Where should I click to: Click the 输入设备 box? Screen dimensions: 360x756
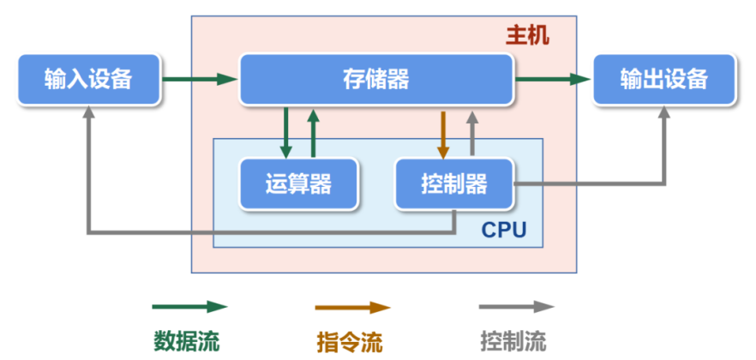click(x=89, y=80)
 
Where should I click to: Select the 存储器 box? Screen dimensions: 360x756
click(x=375, y=80)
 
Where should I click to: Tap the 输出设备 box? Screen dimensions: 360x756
click(x=664, y=80)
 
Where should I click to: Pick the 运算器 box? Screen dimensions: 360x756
click(x=299, y=183)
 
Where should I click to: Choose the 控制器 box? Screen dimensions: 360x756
click(x=454, y=183)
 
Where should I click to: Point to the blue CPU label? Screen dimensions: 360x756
click(x=503, y=230)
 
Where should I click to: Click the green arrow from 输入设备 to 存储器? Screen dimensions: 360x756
click(x=199, y=80)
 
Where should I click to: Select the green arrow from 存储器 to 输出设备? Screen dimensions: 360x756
click(x=553, y=80)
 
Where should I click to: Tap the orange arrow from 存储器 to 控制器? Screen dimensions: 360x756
click(x=443, y=133)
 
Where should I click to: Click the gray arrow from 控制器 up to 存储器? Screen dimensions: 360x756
click(x=471, y=133)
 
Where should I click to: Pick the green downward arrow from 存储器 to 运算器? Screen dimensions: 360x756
click(x=285, y=133)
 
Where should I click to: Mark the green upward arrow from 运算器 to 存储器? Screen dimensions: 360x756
click(x=313, y=133)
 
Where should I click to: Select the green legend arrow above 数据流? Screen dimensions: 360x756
click(x=189, y=307)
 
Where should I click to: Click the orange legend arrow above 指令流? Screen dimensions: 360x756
click(x=352, y=307)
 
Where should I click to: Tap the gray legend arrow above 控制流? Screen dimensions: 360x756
click(x=516, y=307)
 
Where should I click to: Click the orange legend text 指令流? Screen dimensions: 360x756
click(x=350, y=341)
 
